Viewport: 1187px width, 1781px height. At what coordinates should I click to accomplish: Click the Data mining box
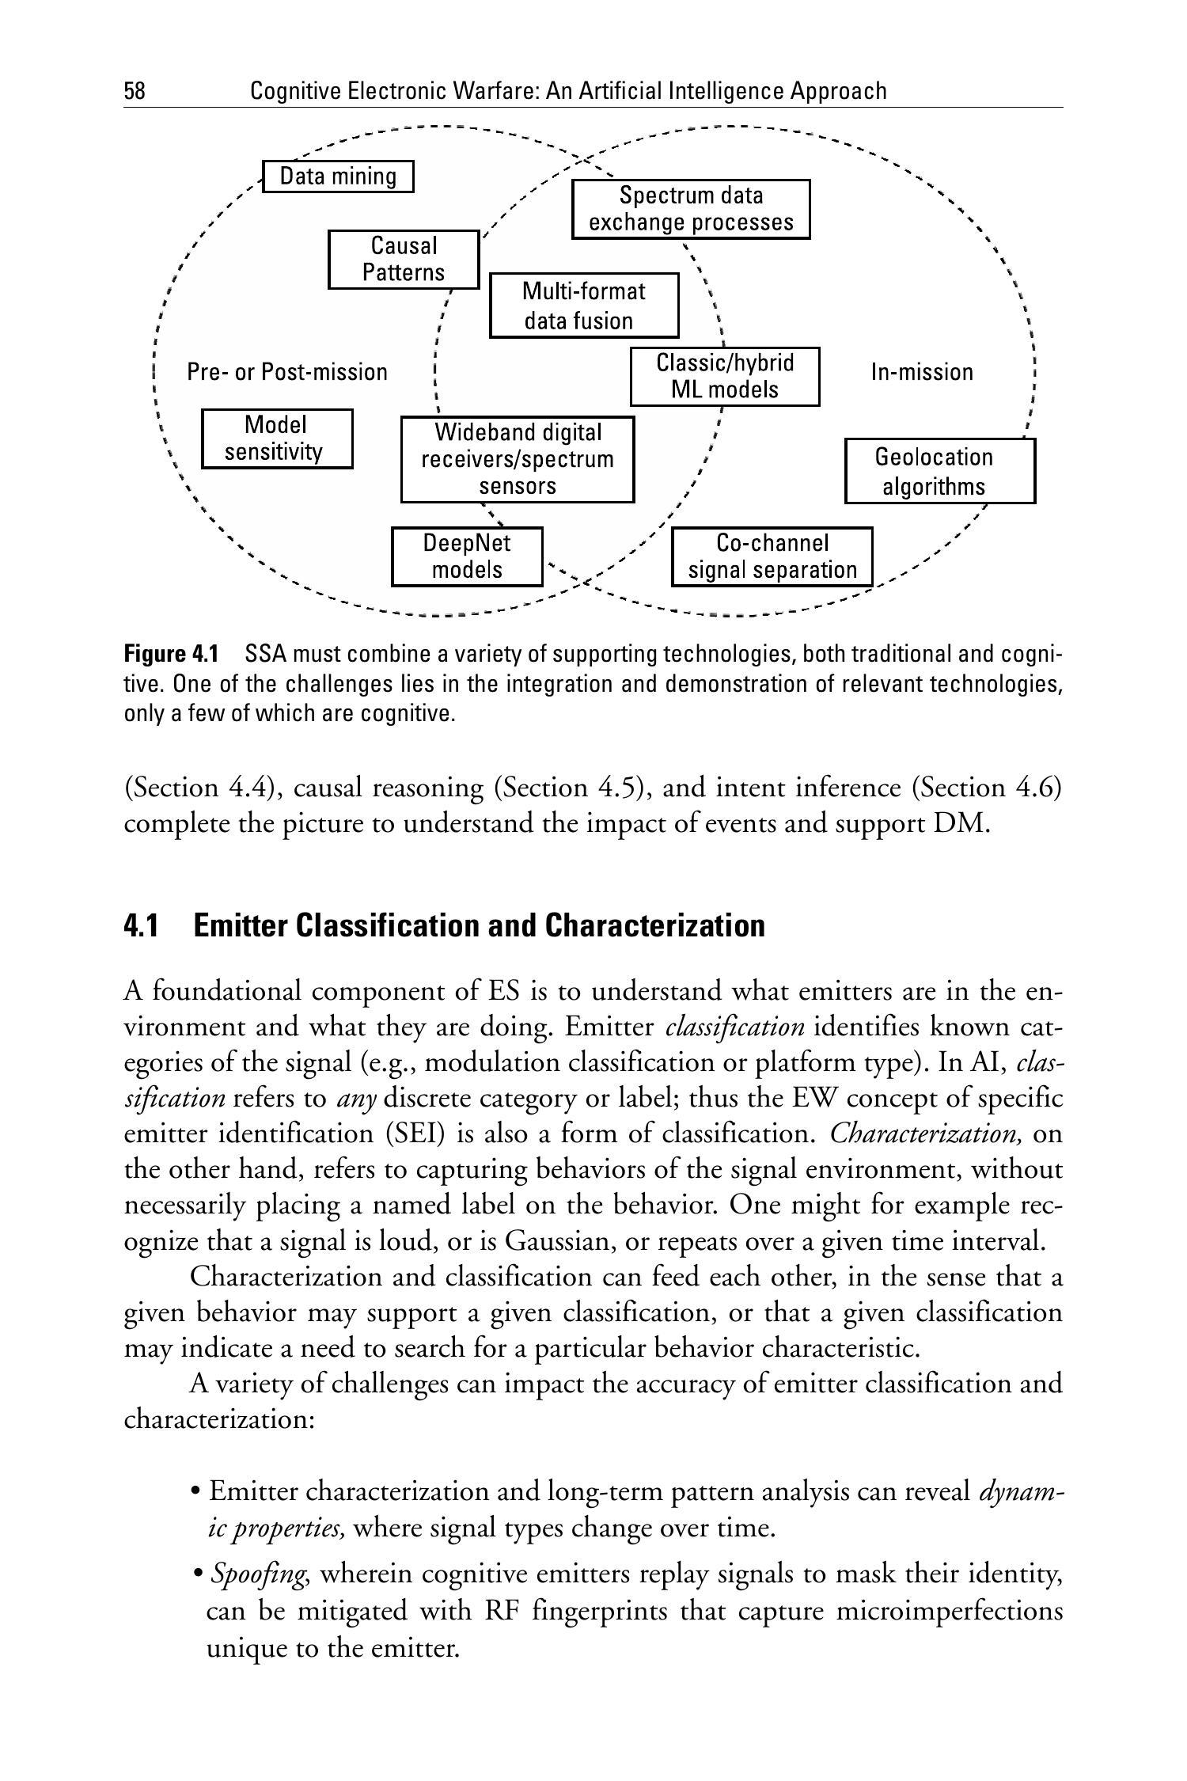338,176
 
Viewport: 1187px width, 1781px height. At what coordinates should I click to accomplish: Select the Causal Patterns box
404,259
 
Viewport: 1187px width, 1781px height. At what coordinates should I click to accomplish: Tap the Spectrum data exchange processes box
691,209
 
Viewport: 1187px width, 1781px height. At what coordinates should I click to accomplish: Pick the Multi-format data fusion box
584,306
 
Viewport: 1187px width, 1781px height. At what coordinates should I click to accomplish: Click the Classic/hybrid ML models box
724,376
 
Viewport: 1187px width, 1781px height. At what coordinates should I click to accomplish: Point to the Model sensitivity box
276,439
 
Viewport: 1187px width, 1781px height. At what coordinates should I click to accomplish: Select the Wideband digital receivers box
518,459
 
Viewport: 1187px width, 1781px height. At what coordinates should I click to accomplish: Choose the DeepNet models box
467,556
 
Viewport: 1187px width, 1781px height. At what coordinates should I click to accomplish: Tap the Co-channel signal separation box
772,556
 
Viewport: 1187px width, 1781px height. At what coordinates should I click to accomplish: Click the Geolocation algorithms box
939,471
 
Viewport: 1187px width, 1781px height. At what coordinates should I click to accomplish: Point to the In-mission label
922,372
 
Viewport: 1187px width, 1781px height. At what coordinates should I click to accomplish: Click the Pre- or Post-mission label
287,372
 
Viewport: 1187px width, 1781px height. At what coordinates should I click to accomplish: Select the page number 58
135,92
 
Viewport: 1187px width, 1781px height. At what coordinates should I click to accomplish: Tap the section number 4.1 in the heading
141,925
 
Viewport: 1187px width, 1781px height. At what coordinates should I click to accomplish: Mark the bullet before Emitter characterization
195,1493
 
